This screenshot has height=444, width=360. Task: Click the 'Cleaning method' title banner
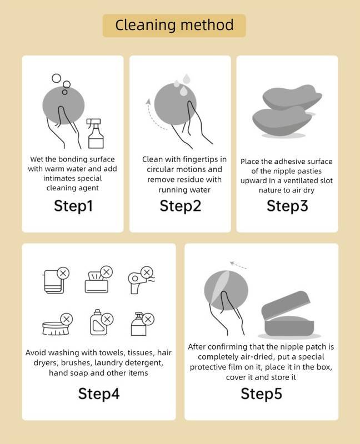coord(174,26)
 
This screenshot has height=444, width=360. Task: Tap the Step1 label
coord(73,206)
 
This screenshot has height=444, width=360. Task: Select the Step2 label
coord(181,206)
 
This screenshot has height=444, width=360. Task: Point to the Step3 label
coord(287,206)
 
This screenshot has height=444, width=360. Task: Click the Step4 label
coord(99,394)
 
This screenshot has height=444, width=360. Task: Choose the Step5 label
coord(261,394)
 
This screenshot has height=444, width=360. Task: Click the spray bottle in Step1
coord(95,133)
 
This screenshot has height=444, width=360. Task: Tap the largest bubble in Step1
coord(57,78)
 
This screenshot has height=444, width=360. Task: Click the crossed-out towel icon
coord(56,280)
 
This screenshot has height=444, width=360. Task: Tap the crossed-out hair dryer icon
coord(141,280)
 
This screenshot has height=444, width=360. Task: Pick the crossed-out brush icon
coord(57,324)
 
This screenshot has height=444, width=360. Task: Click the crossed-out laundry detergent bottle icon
coord(101,322)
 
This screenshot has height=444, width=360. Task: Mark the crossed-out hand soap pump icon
coord(142,324)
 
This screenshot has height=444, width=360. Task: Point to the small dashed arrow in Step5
coord(238,265)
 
